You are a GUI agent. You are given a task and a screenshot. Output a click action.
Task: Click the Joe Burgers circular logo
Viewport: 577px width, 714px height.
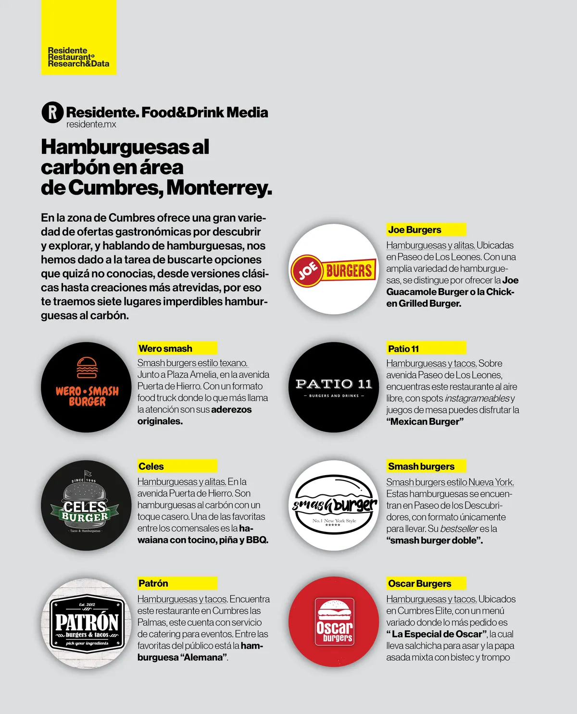(334, 270)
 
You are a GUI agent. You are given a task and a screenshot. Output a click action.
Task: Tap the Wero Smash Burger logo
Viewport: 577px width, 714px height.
(87, 387)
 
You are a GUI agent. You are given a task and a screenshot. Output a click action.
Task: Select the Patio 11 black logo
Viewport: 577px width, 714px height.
(334, 387)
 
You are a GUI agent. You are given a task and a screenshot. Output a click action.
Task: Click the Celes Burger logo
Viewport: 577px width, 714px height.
(87, 505)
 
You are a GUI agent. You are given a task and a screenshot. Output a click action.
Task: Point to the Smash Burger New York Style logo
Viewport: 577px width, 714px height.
(334, 505)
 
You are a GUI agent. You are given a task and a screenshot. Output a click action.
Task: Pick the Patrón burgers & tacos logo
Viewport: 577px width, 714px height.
(87, 623)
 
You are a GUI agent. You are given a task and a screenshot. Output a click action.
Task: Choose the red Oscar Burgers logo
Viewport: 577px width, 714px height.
(334, 623)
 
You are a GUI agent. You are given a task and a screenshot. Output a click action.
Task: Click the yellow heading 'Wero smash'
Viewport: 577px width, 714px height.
(165, 348)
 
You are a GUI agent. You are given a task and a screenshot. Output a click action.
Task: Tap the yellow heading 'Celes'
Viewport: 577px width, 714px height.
(151, 466)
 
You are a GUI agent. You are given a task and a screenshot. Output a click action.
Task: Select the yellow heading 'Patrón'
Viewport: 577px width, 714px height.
(153, 583)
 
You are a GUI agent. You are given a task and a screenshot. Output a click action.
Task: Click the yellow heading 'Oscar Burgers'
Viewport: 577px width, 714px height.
(419, 584)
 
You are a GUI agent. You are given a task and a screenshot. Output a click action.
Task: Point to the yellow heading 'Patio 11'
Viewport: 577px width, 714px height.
(403, 349)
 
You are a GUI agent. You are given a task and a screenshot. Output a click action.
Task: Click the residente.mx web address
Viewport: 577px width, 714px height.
(91, 124)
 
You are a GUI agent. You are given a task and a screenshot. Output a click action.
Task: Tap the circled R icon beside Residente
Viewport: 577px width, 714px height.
(52, 112)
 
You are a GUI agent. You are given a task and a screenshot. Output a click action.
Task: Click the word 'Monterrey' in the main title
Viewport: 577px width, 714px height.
(218, 187)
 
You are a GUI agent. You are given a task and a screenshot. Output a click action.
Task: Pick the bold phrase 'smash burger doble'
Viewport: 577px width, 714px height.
(434, 541)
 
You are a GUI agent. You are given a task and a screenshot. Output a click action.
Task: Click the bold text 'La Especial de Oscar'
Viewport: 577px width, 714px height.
(437, 634)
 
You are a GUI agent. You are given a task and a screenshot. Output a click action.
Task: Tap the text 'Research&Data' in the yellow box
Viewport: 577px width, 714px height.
(78, 64)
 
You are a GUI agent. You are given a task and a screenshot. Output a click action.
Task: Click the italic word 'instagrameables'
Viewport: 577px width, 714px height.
(477, 398)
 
